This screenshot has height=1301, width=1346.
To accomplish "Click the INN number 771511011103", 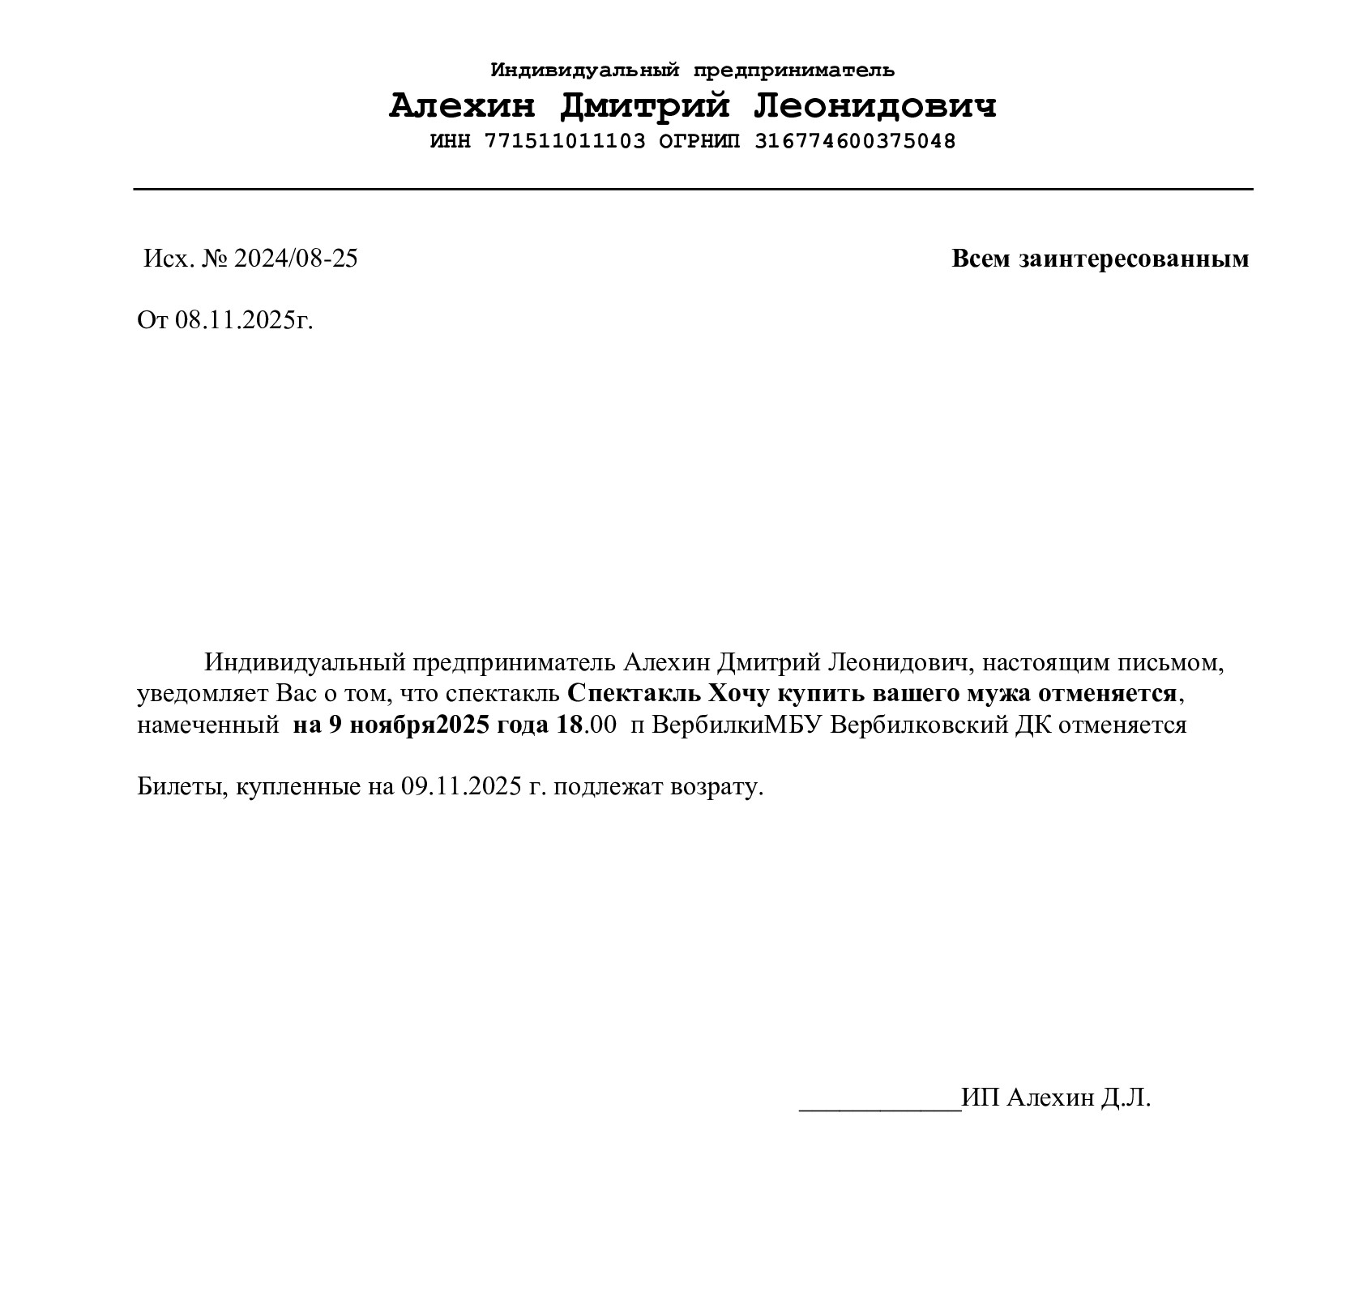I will tap(565, 141).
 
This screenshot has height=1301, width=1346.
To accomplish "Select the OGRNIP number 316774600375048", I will tap(855, 141).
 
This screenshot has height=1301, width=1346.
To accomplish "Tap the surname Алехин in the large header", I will tap(462, 106).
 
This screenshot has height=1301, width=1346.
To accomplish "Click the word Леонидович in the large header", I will tap(875, 106).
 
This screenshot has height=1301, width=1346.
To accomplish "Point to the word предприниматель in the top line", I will tap(794, 71).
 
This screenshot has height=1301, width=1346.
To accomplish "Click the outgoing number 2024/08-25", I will tap(296, 259).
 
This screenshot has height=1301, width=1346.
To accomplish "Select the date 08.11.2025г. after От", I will tap(244, 320).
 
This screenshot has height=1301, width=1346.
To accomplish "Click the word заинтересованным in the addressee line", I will tap(1134, 259).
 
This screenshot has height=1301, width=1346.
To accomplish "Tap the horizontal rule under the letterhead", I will tap(693, 189).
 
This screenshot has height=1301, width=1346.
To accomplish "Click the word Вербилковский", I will tap(920, 725).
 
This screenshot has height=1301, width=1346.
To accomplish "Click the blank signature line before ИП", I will tap(879, 1107).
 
